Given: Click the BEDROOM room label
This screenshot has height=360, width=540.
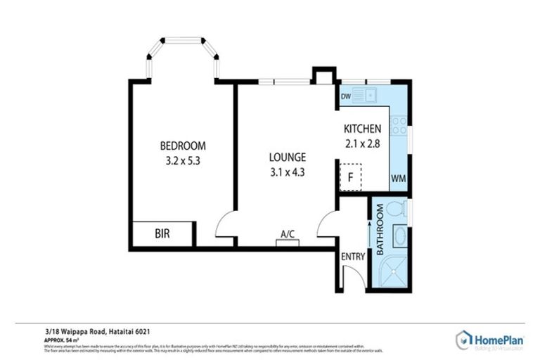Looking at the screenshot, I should pyautogui.click(x=183, y=146).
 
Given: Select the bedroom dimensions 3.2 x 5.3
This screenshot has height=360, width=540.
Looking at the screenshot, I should pyautogui.click(x=183, y=160).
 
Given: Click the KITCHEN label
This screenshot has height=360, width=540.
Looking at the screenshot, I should pyautogui.click(x=362, y=129).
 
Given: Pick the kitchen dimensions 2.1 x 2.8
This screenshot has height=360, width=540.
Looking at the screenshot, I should pyautogui.click(x=362, y=143).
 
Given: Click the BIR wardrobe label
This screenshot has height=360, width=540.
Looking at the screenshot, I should pyautogui.click(x=162, y=233).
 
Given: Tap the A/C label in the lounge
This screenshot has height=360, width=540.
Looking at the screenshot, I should pyautogui.click(x=287, y=234).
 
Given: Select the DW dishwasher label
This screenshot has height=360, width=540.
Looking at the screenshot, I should pyautogui.click(x=346, y=96).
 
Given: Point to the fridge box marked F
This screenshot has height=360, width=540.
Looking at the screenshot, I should pyautogui.click(x=349, y=177).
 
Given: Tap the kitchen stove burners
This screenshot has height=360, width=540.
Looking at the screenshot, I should pyautogui.click(x=399, y=126).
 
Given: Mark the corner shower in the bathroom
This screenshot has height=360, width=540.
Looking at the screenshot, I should pyautogui.click(x=394, y=273).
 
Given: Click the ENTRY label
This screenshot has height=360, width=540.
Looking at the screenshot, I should pyautogui.click(x=353, y=257).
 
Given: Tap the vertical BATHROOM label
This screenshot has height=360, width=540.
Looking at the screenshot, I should pyautogui.click(x=379, y=229).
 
